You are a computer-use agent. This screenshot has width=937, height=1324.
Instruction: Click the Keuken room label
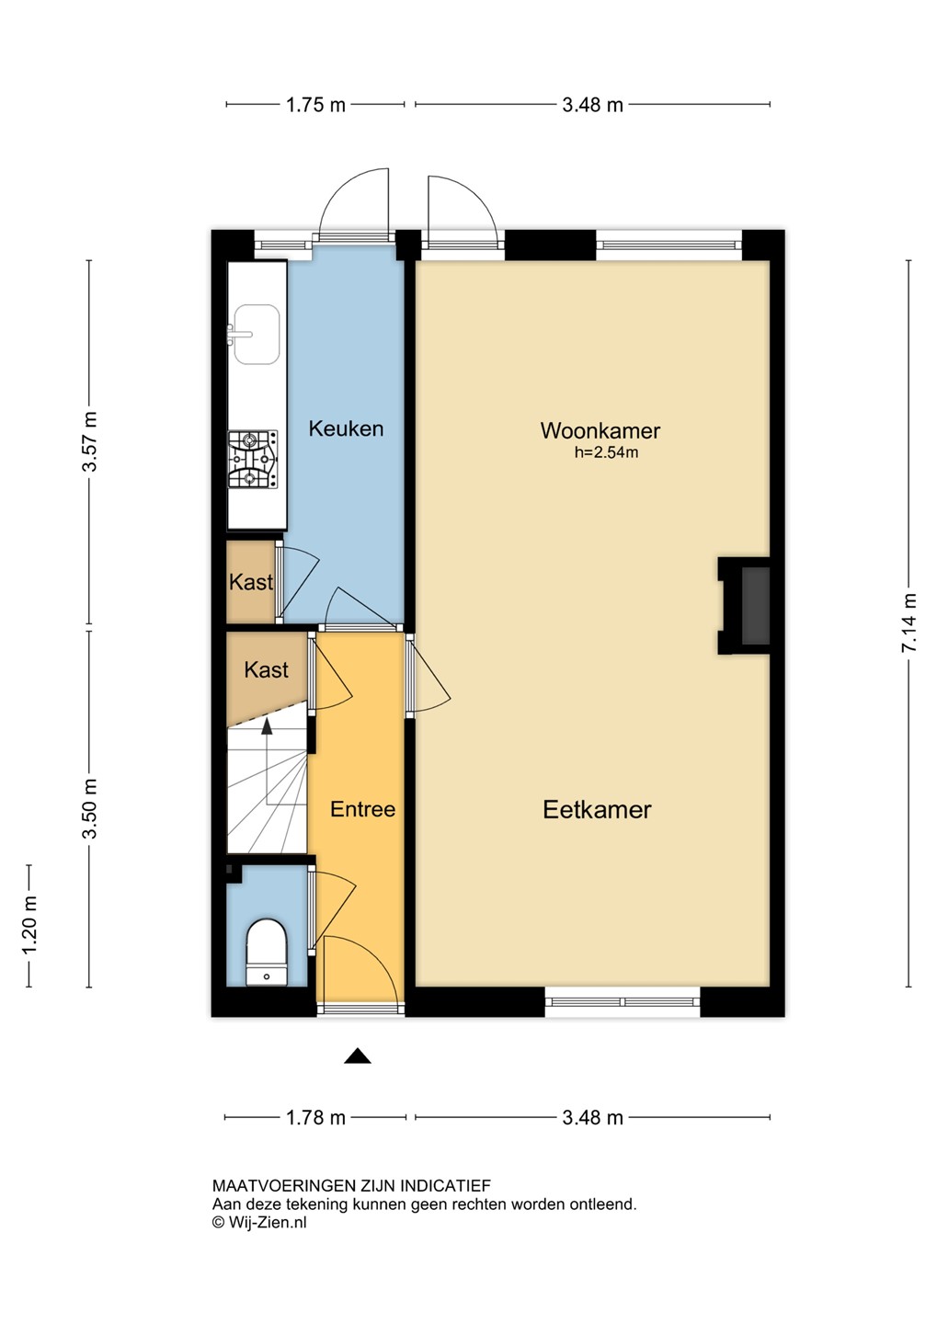(346, 428)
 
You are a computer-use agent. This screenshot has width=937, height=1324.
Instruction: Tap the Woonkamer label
(600, 430)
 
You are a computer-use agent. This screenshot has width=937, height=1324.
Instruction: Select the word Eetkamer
(597, 809)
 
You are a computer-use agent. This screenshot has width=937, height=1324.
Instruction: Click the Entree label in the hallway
(362, 809)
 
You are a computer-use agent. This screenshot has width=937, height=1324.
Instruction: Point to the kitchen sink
(256, 334)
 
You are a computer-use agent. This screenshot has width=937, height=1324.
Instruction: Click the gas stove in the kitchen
(253, 459)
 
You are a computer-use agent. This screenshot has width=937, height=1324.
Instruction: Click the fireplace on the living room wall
(744, 606)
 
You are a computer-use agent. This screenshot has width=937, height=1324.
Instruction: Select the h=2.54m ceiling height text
(606, 452)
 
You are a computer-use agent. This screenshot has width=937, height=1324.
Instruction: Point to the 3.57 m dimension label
(90, 441)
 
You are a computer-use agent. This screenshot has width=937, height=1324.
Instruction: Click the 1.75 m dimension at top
(315, 105)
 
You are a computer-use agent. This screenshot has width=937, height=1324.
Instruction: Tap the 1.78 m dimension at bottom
(315, 1118)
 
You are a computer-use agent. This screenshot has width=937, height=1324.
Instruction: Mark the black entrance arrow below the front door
(358, 1056)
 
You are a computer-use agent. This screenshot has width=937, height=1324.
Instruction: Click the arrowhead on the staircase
(268, 726)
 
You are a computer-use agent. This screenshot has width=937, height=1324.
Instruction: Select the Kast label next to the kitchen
(251, 582)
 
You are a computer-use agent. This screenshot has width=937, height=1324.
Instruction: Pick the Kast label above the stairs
(266, 669)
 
